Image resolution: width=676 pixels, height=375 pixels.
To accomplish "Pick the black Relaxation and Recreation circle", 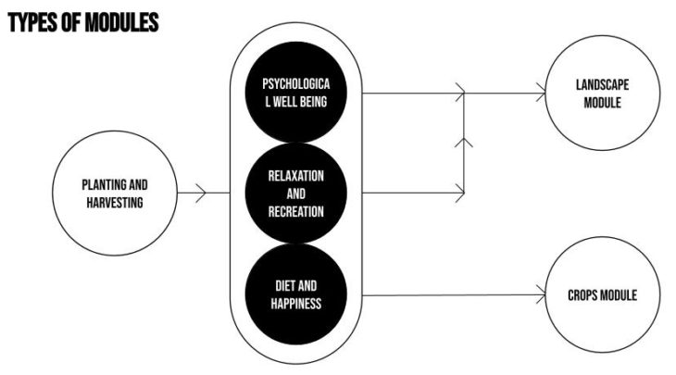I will pyautogui.click(x=296, y=193).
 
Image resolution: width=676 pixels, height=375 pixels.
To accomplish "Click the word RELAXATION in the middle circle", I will pyautogui.click(x=296, y=176).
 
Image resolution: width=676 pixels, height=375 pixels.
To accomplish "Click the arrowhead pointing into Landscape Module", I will pyautogui.click(x=539, y=94).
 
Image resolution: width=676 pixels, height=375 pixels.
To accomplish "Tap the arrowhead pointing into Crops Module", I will pyautogui.click(x=539, y=296).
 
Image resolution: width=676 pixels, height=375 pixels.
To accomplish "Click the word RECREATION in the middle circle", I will pyautogui.click(x=296, y=210).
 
